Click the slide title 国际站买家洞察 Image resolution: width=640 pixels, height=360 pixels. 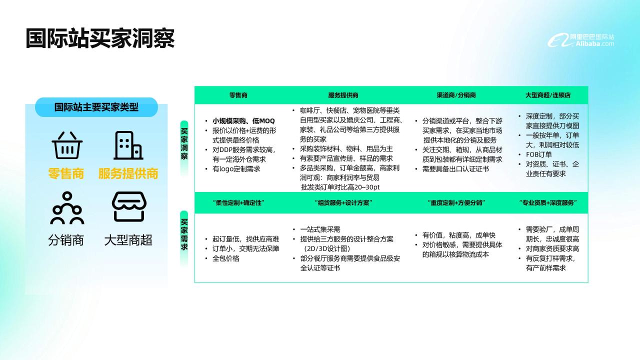coord(100,38)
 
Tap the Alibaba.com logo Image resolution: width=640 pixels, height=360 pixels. coord(580,40)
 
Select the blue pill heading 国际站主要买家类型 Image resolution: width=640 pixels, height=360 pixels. coord(96,107)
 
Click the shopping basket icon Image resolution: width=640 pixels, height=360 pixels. coord(67,145)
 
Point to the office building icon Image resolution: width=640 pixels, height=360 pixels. coord(128,145)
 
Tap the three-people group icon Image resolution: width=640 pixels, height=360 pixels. coord(67,207)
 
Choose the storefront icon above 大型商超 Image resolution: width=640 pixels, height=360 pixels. coord(129,206)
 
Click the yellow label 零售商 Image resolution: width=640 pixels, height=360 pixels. coord(66,173)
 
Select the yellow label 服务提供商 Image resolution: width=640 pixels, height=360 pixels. coord(128,173)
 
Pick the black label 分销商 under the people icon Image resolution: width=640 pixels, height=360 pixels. coord(66,240)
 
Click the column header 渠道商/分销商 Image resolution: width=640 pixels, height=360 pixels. coord(456,95)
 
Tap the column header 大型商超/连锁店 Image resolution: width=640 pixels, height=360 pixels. coord(548,95)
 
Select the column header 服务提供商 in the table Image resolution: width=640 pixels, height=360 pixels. coord(343,95)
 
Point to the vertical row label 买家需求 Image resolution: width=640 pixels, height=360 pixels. coord(184,234)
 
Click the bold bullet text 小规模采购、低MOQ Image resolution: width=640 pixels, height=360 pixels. coord(243,121)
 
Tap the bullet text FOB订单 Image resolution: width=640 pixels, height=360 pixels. coord(539,154)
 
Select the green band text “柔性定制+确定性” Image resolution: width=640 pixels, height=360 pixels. coord(238,203)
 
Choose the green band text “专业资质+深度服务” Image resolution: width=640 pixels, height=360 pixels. coord(548,203)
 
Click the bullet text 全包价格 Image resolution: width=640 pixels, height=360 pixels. coord(225,258)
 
